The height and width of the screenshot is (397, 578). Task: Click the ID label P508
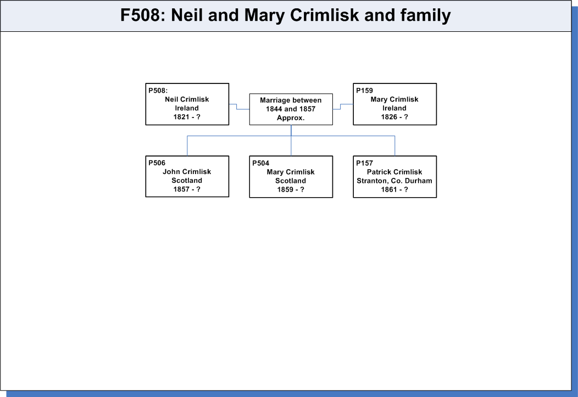(158, 91)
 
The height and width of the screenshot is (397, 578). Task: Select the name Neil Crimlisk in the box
(187, 99)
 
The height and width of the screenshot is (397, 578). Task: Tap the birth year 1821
(181, 117)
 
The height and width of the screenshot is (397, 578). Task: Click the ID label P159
(364, 91)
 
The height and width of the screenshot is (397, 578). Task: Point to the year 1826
(389, 117)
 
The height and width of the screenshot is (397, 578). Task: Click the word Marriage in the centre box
(275, 100)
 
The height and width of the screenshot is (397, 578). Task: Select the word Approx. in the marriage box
(291, 118)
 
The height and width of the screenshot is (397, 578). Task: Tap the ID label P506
(157, 163)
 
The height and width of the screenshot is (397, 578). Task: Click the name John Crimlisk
(187, 172)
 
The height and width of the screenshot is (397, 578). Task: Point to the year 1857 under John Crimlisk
(181, 189)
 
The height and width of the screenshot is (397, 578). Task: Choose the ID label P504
(260, 163)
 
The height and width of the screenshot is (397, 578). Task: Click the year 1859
(285, 189)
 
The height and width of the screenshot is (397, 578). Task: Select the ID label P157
(364, 163)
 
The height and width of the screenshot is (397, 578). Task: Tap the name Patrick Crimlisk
(394, 172)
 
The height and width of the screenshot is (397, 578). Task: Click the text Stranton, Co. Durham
(394, 181)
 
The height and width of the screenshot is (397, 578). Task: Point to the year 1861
(389, 189)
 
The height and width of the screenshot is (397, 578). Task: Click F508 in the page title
(141, 15)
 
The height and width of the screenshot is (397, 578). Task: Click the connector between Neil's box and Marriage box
(237, 107)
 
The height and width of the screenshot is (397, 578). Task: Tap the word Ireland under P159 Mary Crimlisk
(394, 108)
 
